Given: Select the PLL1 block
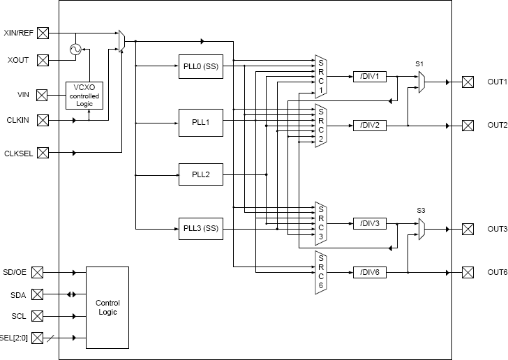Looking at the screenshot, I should [200, 122].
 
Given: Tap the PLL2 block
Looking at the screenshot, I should [200, 174].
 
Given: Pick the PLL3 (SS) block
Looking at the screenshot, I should [200, 228].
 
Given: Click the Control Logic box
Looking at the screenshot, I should [107, 307].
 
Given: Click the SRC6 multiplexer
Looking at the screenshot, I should [320, 272].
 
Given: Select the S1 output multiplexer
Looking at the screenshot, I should [421, 82].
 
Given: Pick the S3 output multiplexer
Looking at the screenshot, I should [421, 228].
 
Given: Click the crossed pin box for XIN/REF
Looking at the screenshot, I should [43, 32].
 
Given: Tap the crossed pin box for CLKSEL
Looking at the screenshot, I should [43, 152].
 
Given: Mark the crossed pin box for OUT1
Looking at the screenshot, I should [467, 82].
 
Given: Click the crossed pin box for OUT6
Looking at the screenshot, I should [467, 272].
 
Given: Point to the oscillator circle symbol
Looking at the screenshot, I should [73, 49].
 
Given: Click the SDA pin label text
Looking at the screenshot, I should [19, 294].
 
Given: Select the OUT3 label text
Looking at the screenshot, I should [496, 229].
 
